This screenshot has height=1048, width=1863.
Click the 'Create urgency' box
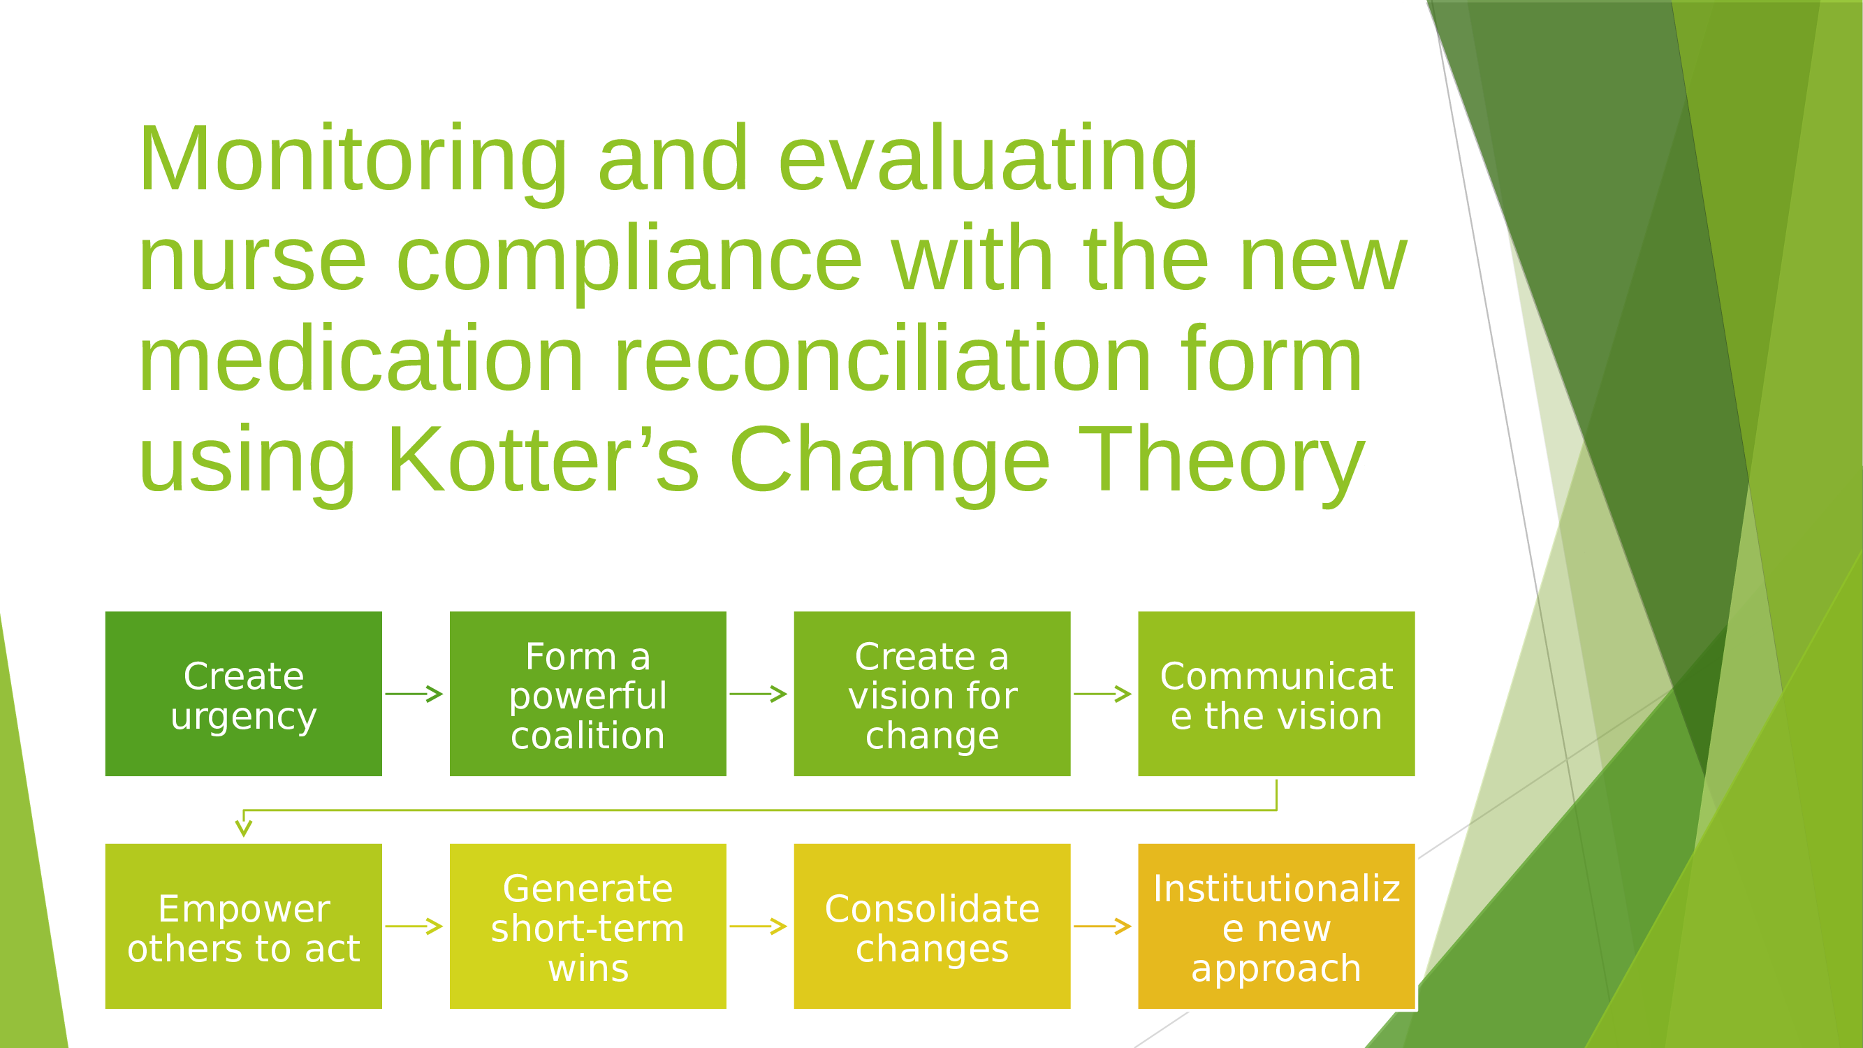click(x=244, y=694)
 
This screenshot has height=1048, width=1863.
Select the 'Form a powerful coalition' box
click(x=588, y=694)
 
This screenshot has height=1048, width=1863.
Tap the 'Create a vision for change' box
click(x=933, y=694)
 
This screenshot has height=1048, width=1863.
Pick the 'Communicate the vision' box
click(x=1276, y=694)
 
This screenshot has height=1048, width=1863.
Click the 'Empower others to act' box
click(x=244, y=926)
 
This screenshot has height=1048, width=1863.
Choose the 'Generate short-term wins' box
click(x=588, y=926)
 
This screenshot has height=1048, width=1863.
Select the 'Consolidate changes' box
click(x=933, y=926)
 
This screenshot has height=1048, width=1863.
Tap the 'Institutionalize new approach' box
click(x=1276, y=926)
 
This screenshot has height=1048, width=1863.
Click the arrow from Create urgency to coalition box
click(x=414, y=694)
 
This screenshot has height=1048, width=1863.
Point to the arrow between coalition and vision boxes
click(x=758, y=694)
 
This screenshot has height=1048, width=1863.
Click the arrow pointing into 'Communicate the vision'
click(x=1102, y=694)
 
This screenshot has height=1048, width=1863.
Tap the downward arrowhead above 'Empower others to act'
click(x=244, y=827)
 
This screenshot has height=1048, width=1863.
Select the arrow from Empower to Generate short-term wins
click(x=414, y=926)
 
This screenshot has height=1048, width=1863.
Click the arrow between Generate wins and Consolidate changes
click(x=758, y=926)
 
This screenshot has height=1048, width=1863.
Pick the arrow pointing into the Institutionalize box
click(x=1102, y=926)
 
